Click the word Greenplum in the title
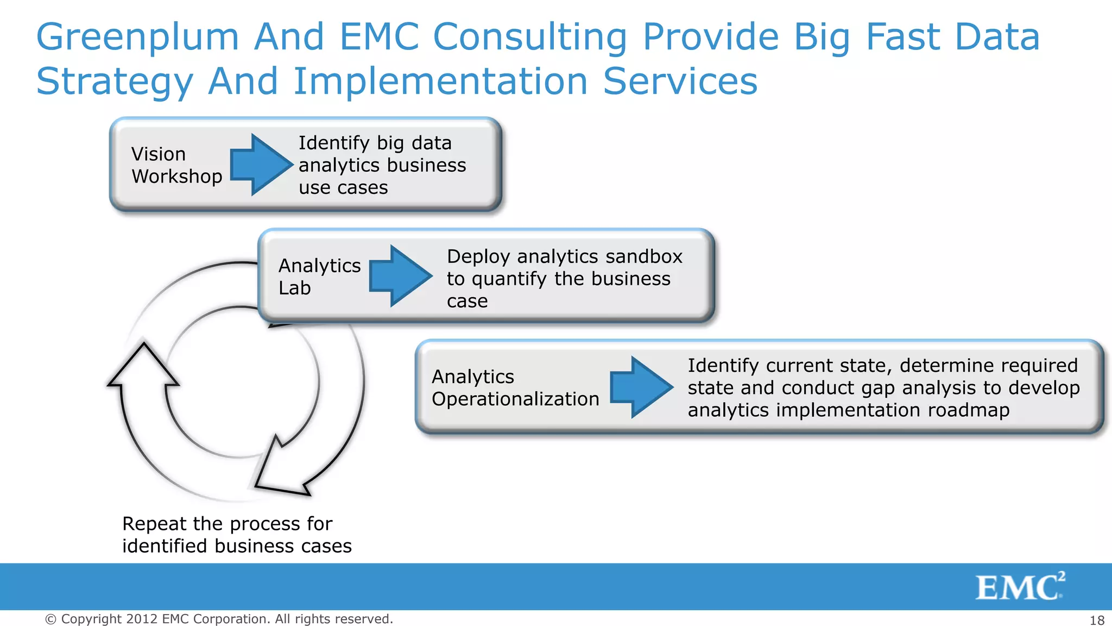137,37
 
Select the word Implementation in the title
440,82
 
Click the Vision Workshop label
176,165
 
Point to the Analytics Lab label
319,277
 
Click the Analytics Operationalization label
515,388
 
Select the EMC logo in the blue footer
1020,587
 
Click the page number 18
1097,620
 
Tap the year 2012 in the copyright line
142,619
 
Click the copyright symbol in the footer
50,619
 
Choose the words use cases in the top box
343,188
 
